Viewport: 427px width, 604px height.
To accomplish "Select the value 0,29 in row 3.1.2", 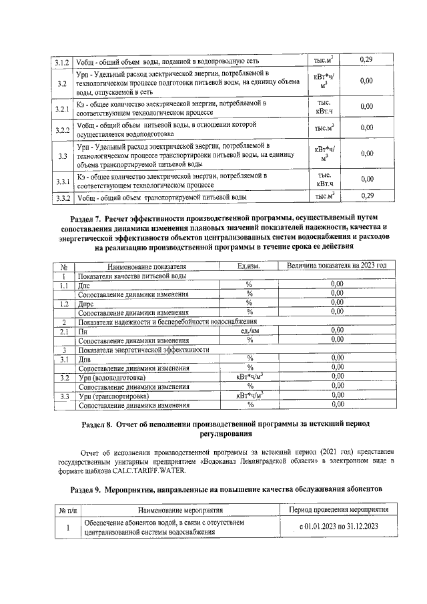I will click(366, 61).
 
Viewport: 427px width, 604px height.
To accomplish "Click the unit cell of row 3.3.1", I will click(324, 179).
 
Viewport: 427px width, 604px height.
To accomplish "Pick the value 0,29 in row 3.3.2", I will click(366, 196).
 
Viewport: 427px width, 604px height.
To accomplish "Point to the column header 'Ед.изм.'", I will click(249, 266).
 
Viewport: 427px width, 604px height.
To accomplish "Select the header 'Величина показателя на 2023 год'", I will click(337, 266).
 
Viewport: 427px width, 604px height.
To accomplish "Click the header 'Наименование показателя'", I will click(141, 266).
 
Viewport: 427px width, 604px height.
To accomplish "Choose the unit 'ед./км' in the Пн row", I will click(249, 330).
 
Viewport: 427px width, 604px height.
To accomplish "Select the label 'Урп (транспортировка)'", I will click(113, 396).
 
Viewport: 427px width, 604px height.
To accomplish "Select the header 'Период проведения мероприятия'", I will click(337, 511).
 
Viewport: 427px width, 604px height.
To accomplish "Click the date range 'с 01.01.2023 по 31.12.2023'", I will click(337, 527).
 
